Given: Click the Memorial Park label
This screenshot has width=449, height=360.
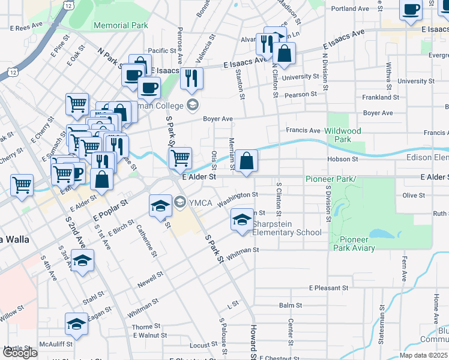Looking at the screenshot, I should click(121, 26).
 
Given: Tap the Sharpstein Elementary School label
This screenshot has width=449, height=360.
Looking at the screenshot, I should click(287, 232).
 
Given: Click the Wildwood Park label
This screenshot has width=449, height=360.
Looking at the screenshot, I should click(343, 135).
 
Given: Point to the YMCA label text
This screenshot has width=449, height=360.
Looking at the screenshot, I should click(201, 202).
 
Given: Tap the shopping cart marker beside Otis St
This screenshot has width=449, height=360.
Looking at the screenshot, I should click(180, 158).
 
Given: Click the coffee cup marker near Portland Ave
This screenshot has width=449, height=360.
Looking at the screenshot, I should click(411, 10).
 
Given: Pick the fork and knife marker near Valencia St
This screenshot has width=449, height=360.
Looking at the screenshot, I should click(191, 78).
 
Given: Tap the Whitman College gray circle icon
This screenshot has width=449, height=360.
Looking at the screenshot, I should click(193, 106).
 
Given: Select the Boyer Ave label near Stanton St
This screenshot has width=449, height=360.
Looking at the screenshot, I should click(217, 119).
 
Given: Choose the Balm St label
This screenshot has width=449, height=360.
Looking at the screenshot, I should click(290, 305).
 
